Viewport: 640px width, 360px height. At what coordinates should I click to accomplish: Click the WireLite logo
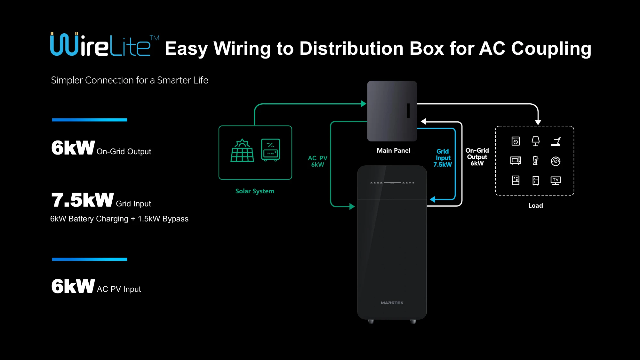point(105,44)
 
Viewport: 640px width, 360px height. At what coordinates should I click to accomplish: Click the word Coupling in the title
point(551,49)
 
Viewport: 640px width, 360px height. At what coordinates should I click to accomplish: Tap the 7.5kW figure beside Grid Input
point(83,200)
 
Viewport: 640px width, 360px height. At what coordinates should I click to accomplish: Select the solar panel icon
point(242,150)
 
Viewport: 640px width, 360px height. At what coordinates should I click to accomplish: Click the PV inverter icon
point(270,150)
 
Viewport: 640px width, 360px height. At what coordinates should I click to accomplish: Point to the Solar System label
point(255,191)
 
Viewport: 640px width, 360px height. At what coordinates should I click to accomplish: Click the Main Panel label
point(393,150)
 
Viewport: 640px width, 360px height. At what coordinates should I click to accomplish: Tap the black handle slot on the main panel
point(408,110)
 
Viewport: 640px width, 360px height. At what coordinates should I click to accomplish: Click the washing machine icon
point(516,141)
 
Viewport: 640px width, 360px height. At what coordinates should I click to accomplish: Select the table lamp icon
point(536,141)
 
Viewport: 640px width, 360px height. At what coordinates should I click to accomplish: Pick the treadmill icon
point(556,141)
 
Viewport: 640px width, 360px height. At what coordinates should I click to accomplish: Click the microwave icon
point(516,161)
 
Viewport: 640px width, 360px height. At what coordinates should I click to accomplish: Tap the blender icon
point(535,160)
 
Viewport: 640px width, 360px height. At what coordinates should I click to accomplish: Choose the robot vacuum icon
point(556,161)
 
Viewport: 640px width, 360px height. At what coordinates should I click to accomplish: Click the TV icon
point(556,180)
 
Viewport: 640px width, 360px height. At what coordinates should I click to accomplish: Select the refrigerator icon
point(536,180)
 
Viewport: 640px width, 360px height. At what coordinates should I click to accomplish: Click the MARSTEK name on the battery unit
point(392,303)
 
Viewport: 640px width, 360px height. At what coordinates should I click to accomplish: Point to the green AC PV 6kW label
point(317,161)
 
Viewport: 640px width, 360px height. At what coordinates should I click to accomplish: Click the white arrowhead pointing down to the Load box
point(538,122)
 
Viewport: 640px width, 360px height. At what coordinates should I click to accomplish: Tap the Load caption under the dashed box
point(536,205)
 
